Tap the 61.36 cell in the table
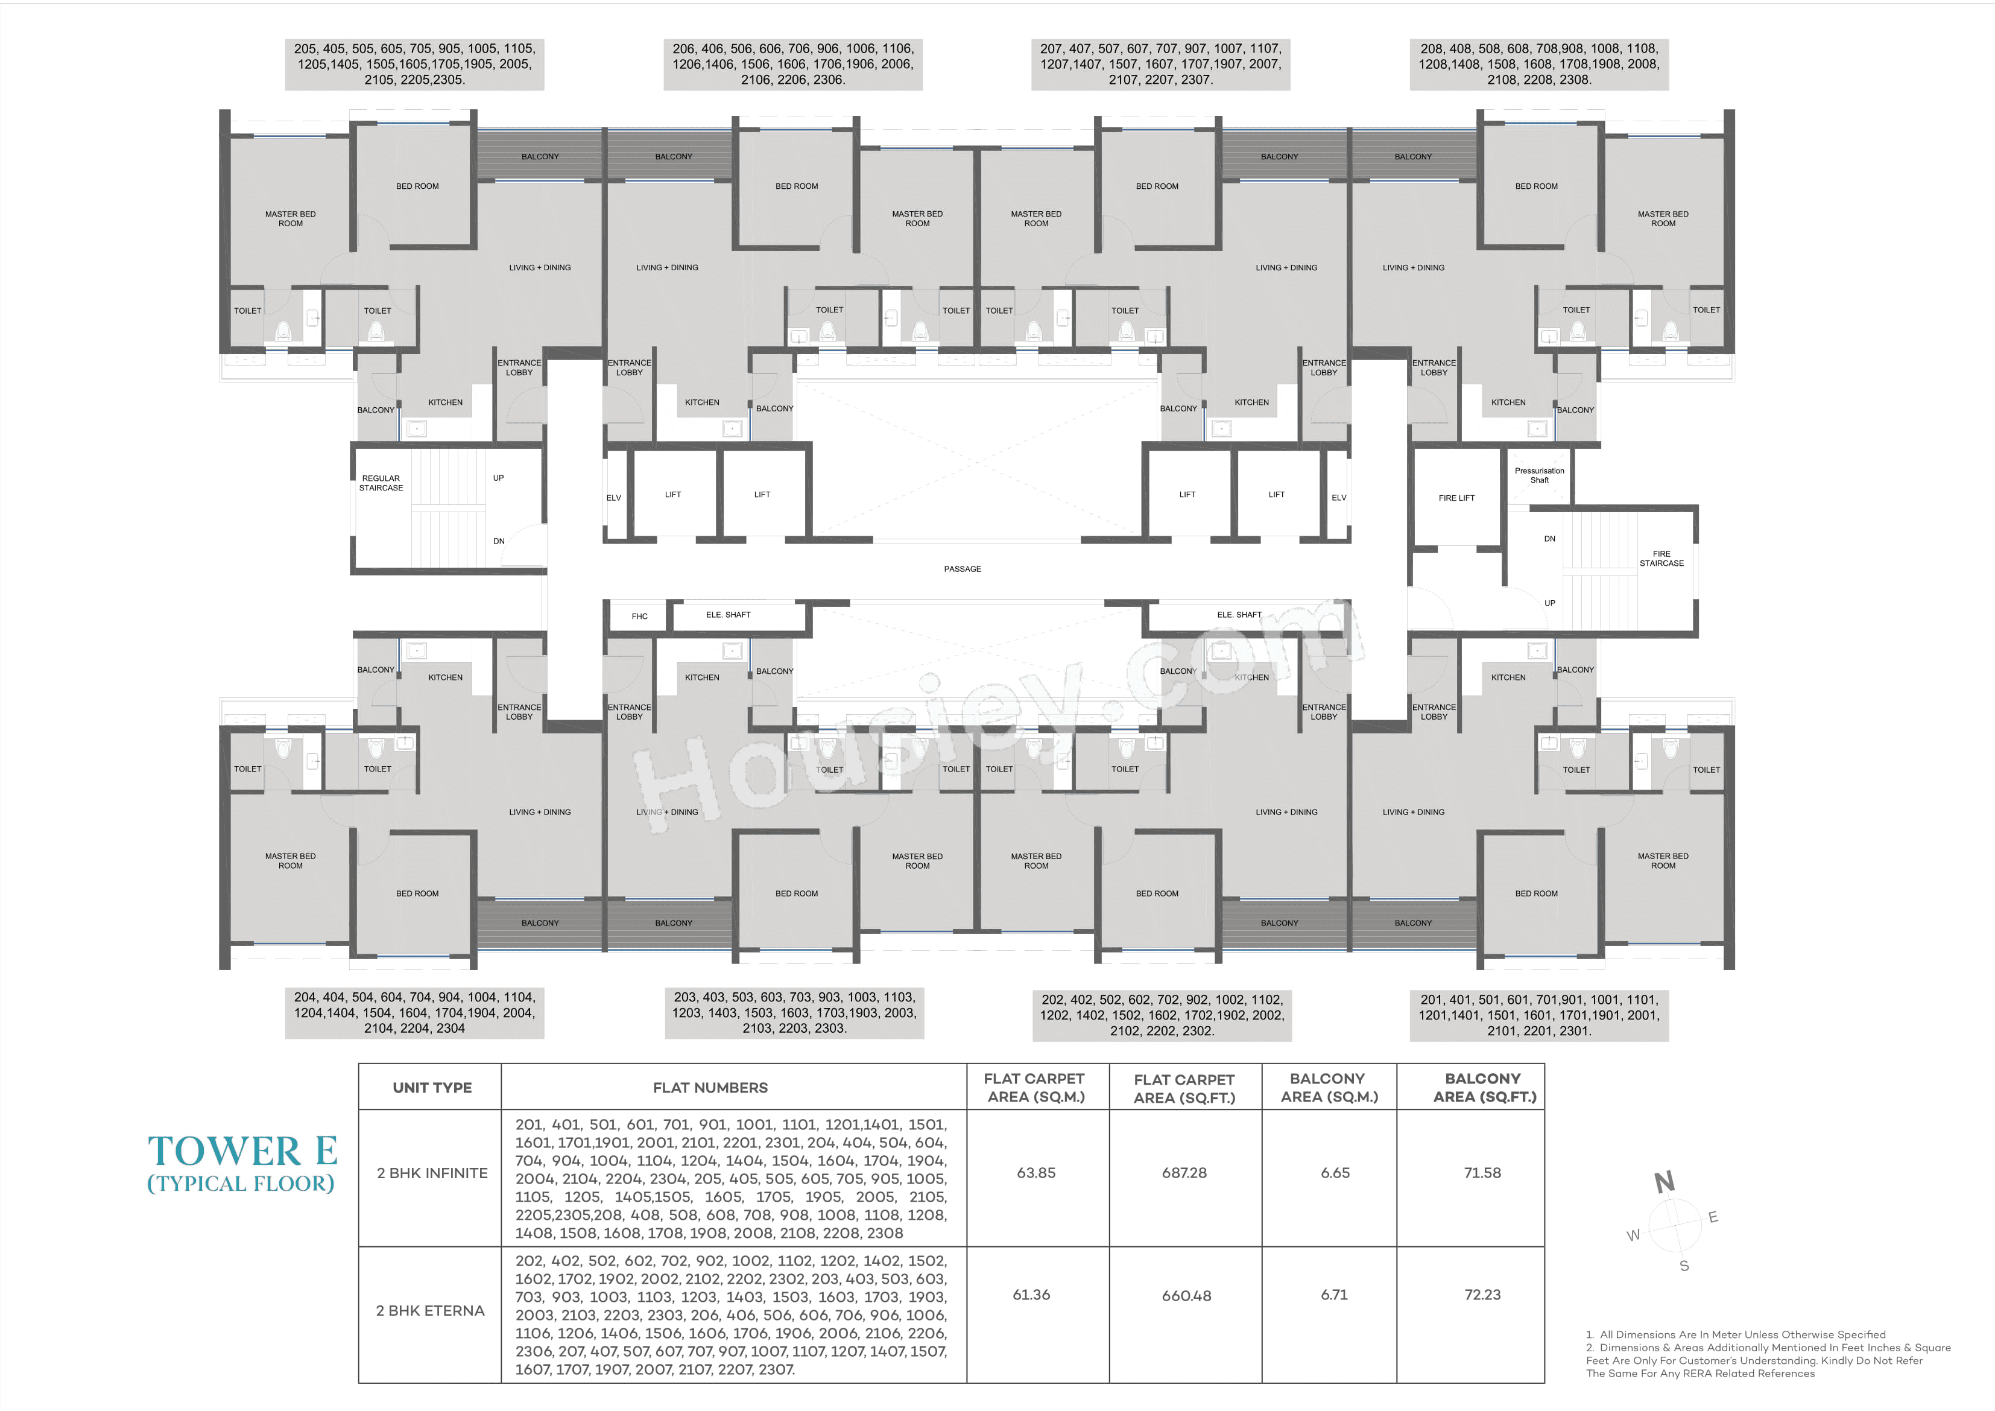click(1031, 1295)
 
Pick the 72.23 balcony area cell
click(1482, 1295)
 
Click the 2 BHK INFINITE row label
click(432, 1173)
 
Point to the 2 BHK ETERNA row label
click(430, 1310)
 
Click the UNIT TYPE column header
click(432, 1088)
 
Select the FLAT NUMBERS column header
click(710, 1088)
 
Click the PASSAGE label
click(962, 569)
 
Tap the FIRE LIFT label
click(1456, 498)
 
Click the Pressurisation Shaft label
click(1539, 475)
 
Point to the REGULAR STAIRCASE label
click(381, 483)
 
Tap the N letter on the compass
click(1664, 1182)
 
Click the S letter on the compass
click(1684, 1266)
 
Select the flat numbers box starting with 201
click(1539, 1015)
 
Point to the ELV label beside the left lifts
click(613, 498)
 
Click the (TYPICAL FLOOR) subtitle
click(241, 1183)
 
